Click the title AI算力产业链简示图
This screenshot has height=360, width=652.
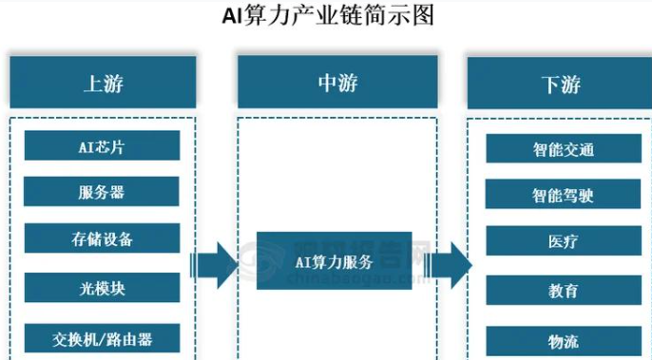pos(328,16)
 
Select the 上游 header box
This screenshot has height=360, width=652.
pos(103,83)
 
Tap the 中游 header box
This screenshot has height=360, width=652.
pos(337,82)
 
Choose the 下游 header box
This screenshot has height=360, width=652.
pos(560,84)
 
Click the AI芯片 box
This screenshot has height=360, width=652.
pos(102,145)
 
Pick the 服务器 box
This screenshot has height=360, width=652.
pos(102,191)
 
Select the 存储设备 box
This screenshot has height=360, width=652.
pos(102,238)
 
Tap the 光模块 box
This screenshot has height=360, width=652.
pos(102,288)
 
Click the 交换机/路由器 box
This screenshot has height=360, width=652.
pos(102,338)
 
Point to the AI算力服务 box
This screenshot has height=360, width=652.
pos(335,260)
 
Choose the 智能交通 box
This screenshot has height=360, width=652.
pos(564,148)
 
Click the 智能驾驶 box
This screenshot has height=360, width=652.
pos(563,194)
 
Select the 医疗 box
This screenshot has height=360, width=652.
pos(564,240)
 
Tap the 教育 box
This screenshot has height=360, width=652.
pos(564,290)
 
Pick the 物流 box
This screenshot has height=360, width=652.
pos(564,341)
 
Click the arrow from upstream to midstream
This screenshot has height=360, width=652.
pos(214,265)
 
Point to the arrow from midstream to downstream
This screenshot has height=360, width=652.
pos(448,265)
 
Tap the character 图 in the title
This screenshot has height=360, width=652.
pos(423,15)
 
